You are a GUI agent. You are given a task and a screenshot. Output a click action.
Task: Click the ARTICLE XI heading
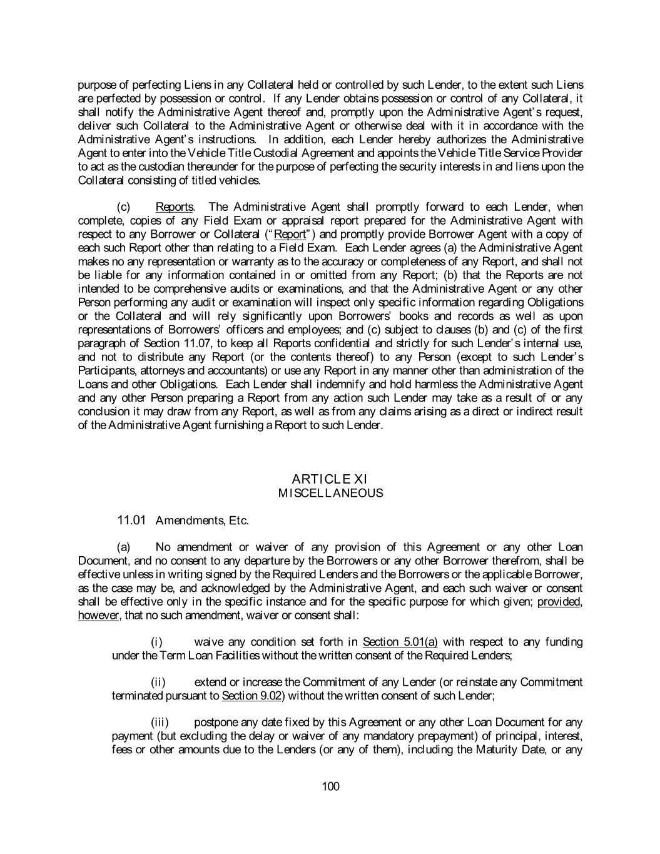pyautogui.click(x=330, y=479)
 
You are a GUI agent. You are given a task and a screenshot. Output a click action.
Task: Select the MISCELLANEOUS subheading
pyautogui.click(x=330, y=493)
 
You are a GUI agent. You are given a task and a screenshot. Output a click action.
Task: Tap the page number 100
pyautogui.click(x=330, y=786)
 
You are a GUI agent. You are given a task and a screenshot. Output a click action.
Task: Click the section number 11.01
pyautogui.click(x=131, y=520)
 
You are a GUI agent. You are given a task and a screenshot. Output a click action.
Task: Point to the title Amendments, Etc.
pyautogui.click(x=202, y=521)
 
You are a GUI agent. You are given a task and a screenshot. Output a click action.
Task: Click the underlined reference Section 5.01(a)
pyautogui.click(x=400, y=642)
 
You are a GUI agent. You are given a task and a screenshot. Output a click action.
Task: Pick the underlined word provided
pyautogui.click(x=559, y=602)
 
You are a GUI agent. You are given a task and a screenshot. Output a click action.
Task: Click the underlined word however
pyautogui.click(x=98, y=616)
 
